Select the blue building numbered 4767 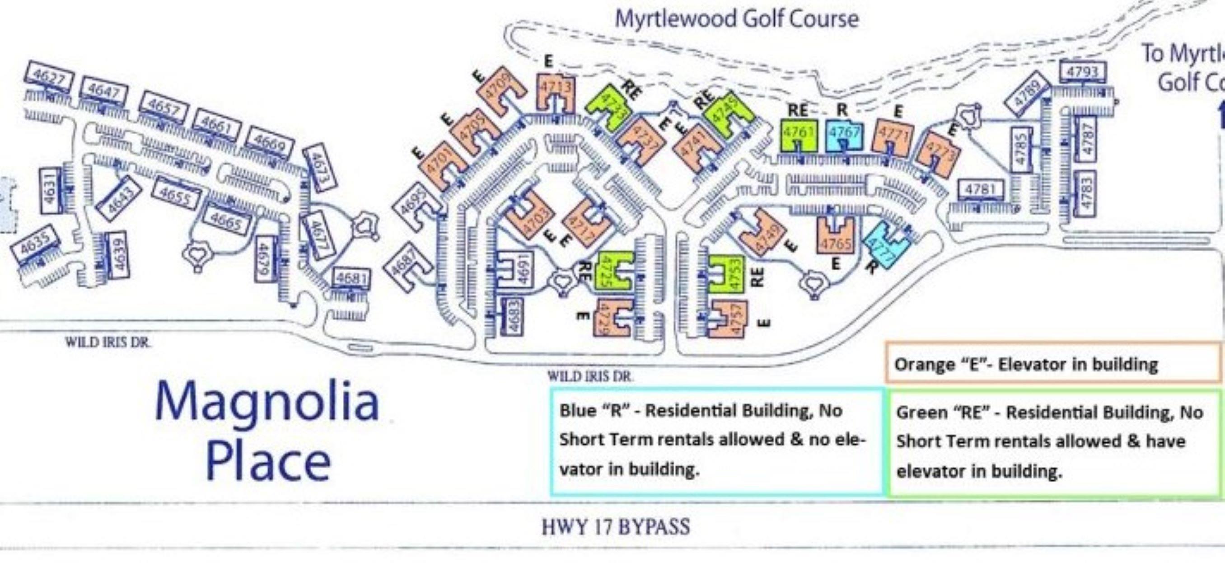844,133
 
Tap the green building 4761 799,133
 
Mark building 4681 351,279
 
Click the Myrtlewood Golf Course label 737,19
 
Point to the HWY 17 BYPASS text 615,527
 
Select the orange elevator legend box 1052,363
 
